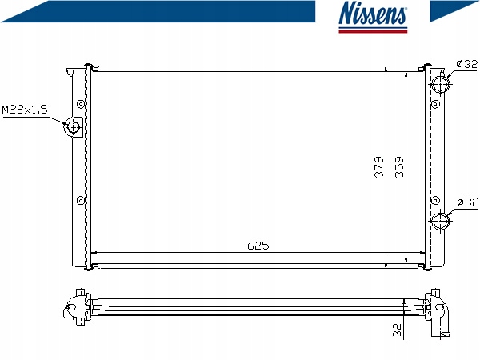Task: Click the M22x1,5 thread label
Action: [25, 110]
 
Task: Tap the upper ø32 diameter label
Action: [466, 64]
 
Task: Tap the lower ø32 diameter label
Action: [467, 202]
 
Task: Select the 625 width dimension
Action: [258, 246]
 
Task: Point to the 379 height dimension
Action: [379, 167]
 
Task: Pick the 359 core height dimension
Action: [399, 167]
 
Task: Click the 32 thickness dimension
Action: [397, 330]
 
